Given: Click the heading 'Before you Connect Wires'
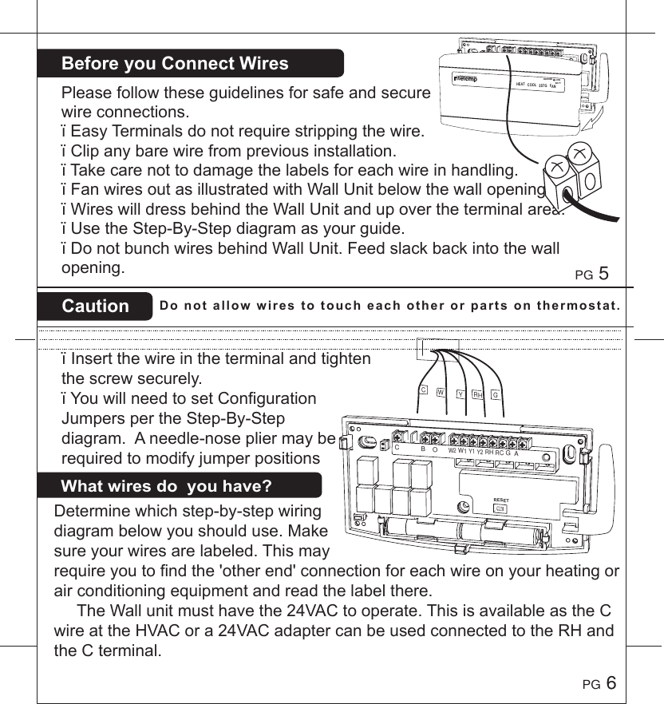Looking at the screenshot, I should click(175, 64).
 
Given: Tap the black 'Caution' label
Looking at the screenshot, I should click(96, 307).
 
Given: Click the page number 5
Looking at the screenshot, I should click(603, 273).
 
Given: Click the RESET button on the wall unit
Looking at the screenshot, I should click(500, 507).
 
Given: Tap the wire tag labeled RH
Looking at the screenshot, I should click(477, 394).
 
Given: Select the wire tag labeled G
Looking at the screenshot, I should click(496, 394).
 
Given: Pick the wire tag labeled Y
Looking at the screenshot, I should click(460, 394).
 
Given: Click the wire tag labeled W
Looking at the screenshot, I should click(441, 392).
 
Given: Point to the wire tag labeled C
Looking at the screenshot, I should click(424, 390).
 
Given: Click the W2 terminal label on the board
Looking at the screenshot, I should click(452, 451).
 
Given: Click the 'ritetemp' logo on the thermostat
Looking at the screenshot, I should click(466, 77).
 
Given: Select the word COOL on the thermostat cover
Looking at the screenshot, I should click(537, 84).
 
